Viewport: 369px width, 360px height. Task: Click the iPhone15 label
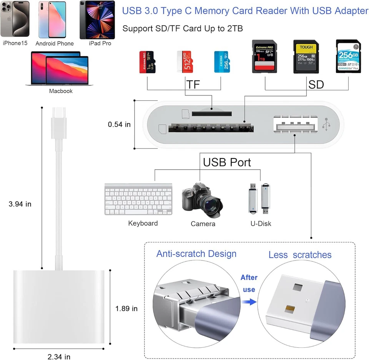point(15,43)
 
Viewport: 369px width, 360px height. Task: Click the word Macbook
point(61,91)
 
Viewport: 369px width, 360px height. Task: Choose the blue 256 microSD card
point(222,62)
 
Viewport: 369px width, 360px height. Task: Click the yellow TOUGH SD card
point(306,56)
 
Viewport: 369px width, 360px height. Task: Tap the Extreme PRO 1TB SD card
point(264,56)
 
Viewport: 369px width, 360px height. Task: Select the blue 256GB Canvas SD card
point(349,56)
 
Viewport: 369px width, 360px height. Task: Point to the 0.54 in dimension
point(119,124)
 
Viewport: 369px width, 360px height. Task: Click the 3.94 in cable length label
point(20,204)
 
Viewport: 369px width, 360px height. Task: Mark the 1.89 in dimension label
point(126,308)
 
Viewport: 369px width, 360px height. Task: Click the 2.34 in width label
point(59,356)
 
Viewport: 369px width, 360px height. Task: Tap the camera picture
point(201,200)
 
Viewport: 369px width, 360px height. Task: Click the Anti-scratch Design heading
point(196,254)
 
